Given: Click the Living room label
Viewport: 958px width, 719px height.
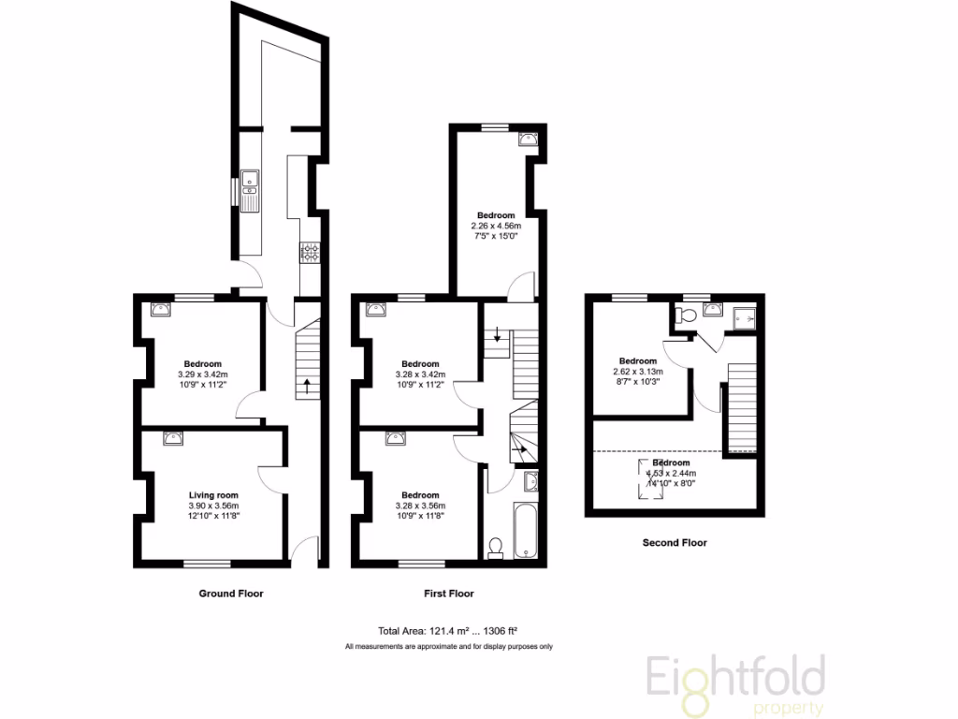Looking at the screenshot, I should coord(214,495).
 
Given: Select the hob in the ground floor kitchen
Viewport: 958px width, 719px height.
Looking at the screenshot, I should coord(310,252).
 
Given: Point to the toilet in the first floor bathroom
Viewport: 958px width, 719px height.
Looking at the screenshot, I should coord(496,546).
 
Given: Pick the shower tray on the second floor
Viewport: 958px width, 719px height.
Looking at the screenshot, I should coord(748,318).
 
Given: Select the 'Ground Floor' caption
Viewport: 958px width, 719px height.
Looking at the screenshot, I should coord(231,594).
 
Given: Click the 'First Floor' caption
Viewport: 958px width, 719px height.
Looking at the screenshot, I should coord(448,594).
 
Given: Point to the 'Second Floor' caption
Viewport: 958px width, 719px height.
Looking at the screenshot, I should coord(675,542).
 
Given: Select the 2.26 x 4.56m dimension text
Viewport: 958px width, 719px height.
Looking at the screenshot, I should coord(495,226).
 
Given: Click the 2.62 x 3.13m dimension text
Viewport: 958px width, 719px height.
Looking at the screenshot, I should coord(637,371).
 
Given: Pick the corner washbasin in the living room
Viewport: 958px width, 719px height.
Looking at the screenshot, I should coord(171,437).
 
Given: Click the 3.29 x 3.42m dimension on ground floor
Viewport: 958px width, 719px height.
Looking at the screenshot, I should coord(202,374).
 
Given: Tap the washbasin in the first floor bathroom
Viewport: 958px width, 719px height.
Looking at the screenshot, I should coord(530,482).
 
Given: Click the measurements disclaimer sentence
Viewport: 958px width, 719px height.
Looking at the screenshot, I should coord(448,647).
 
